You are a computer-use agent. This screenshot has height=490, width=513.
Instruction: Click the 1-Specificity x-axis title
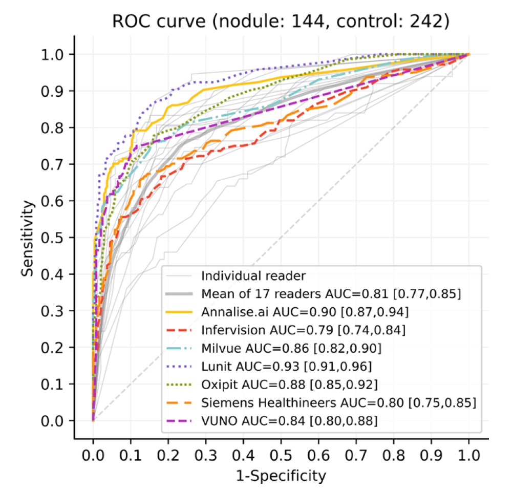click(281, 476)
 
